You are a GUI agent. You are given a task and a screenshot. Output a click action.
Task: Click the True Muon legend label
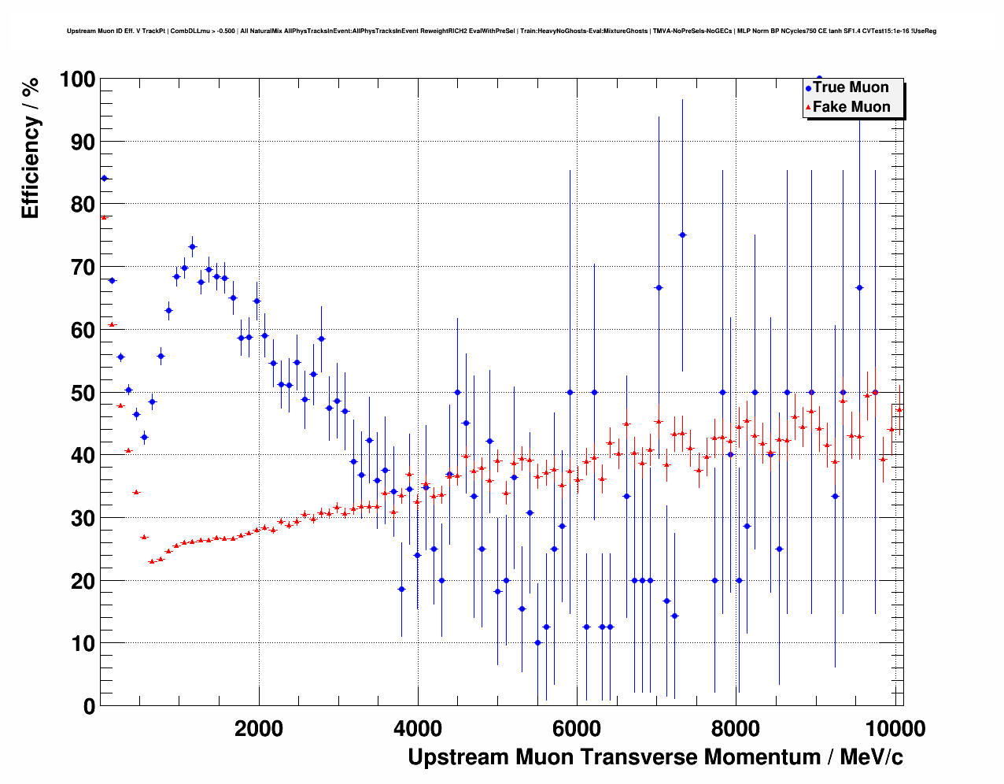[851, 87]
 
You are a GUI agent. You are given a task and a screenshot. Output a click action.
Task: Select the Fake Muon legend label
[851, 107]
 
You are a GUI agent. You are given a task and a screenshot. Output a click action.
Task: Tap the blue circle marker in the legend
[808, 88]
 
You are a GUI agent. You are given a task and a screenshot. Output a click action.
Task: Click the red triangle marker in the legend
[808, 108]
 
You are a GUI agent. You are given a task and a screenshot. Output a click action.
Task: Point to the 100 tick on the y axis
[77, 80]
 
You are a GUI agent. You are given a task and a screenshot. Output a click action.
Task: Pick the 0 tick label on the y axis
[88, 706]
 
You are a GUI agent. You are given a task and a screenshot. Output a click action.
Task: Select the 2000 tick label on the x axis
[258, 729]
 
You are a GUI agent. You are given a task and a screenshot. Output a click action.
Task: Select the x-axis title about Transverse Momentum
[655, 757]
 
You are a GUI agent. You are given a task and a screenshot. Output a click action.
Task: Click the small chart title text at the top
[501, 31]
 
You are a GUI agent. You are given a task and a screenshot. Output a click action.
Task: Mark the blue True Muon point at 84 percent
[104, 179]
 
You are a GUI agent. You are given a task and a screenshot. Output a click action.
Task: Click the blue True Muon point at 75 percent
[682, 235]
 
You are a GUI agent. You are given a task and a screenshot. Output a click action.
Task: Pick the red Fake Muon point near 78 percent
[104, 217]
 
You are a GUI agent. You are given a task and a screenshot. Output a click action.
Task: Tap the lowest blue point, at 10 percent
[538, 643]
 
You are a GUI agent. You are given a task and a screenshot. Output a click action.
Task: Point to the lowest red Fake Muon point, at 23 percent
[152, 561]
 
